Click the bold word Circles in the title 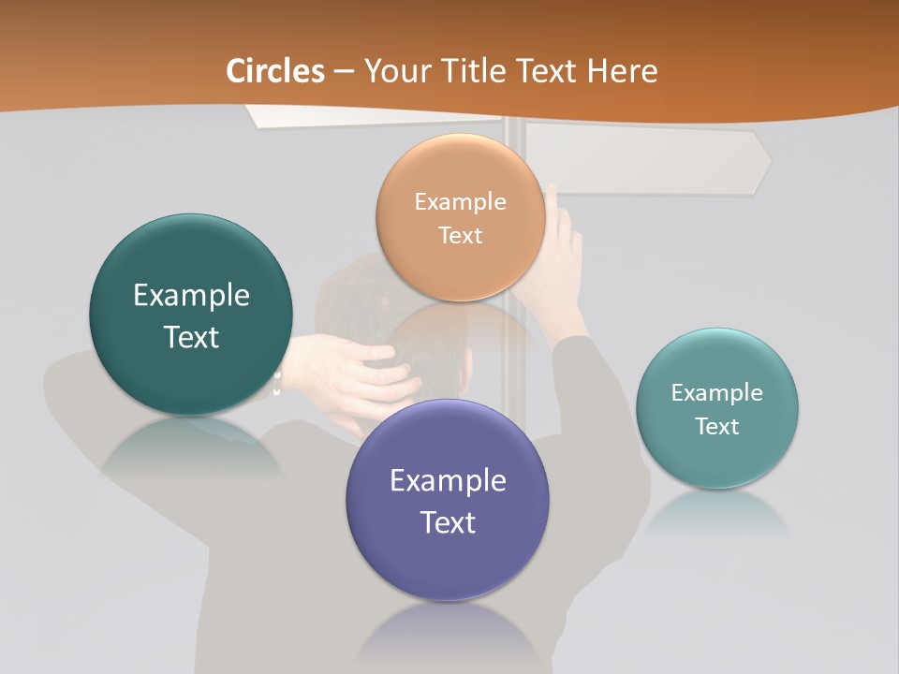pos(274,71)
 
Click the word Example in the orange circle pos(461,201)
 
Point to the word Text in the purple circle pos(448,522)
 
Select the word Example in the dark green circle pos(191,296)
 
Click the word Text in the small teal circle pos(717,427)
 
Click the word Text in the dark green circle pos(191,337)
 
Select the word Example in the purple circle pos(448,481)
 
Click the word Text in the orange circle pos(461,235)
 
